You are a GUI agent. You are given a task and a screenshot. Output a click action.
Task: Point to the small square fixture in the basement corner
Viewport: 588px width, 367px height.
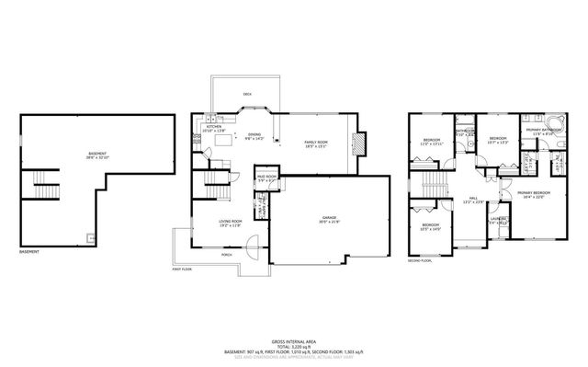coord(90,237)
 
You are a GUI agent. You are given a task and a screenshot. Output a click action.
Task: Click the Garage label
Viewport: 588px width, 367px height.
coord(328,219)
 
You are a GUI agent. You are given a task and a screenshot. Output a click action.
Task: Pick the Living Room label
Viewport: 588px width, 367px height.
coord(229,222)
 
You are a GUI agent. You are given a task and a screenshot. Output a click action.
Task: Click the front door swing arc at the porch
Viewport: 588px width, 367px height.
coord(254,248)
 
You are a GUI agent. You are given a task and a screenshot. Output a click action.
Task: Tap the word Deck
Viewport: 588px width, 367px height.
coord(247,95)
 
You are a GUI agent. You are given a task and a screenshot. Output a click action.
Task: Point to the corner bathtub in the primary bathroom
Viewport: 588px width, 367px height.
coord(553,122)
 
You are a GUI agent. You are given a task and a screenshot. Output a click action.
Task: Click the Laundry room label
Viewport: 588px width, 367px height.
coord(497,219)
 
